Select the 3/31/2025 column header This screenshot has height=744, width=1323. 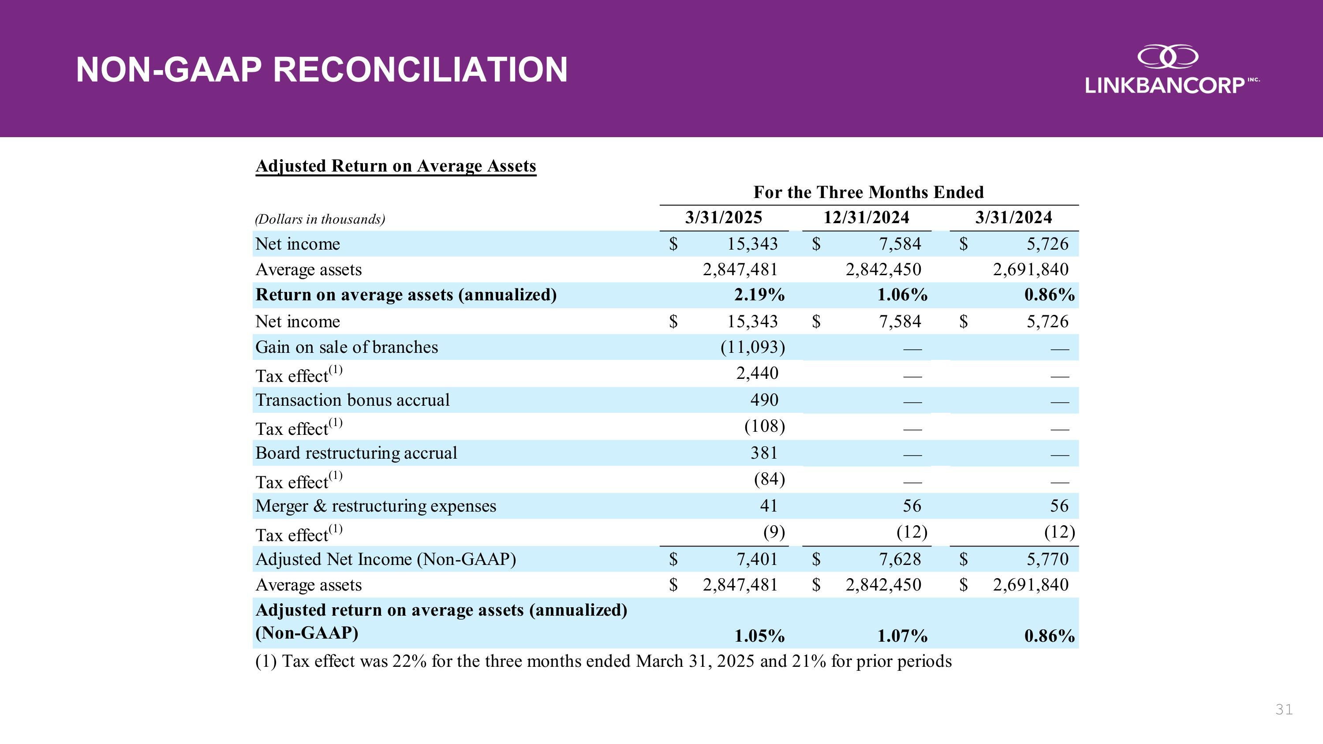click(723, 218)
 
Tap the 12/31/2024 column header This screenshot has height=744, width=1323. click(866, 218)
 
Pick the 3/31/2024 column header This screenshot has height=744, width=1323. click(1013, 218)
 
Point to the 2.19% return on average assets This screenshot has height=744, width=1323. click(759, 295)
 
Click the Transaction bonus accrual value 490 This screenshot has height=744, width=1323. click(764, 400)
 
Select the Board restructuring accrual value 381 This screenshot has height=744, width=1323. click(764, 453)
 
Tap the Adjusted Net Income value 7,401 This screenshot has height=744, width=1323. click(757, 559)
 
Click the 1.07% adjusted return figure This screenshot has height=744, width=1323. click(902, 636)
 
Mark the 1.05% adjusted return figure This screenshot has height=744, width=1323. click(759, 636)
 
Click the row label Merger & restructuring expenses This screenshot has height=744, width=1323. click(375, 506)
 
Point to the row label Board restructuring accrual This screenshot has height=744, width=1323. click(356, 453)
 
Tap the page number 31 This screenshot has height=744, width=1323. click(1283, 710)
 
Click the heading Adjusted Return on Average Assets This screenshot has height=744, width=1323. click(396, 166)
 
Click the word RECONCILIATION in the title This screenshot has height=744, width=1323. click(420, 70)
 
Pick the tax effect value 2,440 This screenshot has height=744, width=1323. click(757, 373)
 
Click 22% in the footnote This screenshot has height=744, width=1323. click(409, 662)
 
